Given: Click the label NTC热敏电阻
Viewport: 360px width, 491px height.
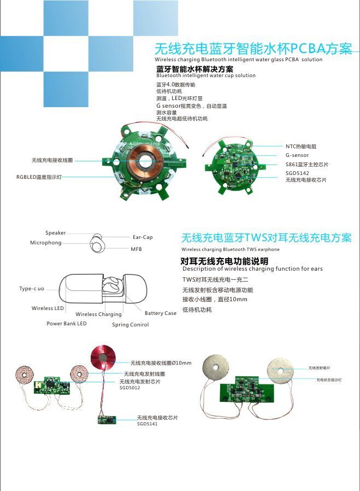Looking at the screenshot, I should click(x=301, y=147).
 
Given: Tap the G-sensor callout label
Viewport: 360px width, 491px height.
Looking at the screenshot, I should click(x=297, y=155).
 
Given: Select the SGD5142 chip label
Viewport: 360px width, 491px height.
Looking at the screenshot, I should click(x=297, y=173).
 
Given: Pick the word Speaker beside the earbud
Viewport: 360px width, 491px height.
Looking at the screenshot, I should click(x=56, y=233).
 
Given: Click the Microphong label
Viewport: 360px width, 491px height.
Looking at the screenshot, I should click(x=46, y=242).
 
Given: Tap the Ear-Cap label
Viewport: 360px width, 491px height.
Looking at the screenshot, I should click(x=143, y=237).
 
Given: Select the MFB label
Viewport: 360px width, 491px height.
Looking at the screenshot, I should click(x=136, y=249).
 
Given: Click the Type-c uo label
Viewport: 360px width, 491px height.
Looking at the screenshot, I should click(x=32, y=289).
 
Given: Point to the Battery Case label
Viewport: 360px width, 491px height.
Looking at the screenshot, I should click(x=161, y=313).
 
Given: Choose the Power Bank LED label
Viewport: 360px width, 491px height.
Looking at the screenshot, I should click(x=67, y=324).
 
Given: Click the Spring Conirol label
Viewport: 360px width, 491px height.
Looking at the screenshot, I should click(x=131, y=325).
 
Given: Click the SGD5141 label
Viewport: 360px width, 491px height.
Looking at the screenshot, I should click(x=147, y=424).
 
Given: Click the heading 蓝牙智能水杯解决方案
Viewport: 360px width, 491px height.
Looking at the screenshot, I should click(x=194, y=69).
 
